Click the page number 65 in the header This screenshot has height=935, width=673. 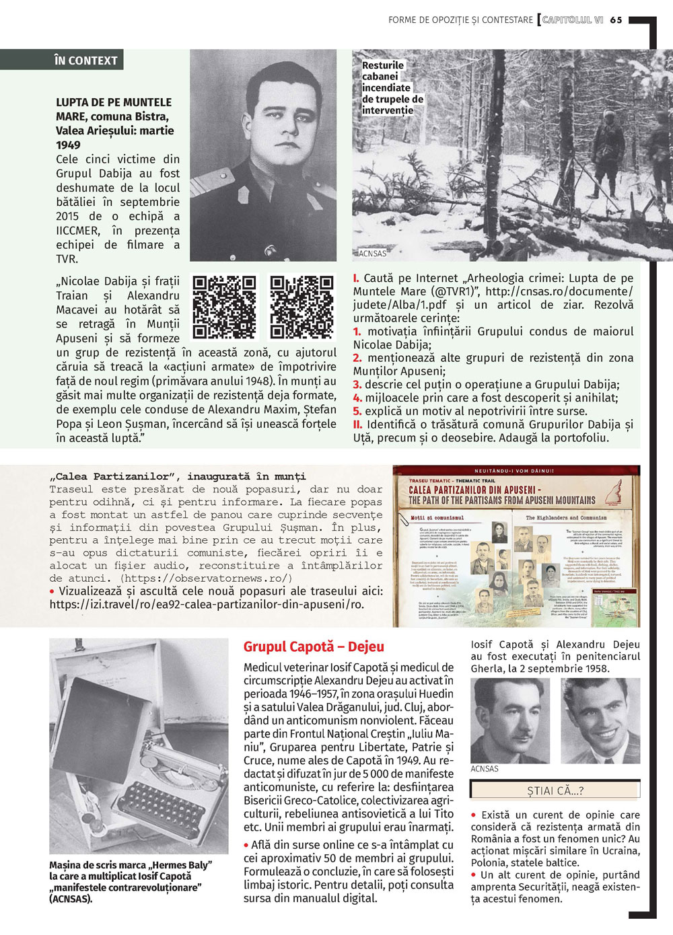pyautogui.click(x=616, y=20)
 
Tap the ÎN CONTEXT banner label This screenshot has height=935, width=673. pyautogui.click(x=85, y=61)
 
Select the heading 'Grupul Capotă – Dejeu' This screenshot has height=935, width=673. pyautogui.click(x=314, y=647)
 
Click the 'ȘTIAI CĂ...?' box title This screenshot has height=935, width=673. pyautogui.click(x=555, y=791)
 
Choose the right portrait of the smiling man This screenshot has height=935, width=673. pyautogui.click(x=600, y=720)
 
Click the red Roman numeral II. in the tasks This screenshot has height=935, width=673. pyautogui.click(x=358, y=424)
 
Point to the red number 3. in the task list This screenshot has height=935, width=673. pyautogui.click(x=357, y=385)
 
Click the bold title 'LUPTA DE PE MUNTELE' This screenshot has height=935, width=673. pyautogui.click(x=114, y=102)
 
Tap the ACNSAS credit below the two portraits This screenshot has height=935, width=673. pyautogui.click(x=485, y=769)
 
